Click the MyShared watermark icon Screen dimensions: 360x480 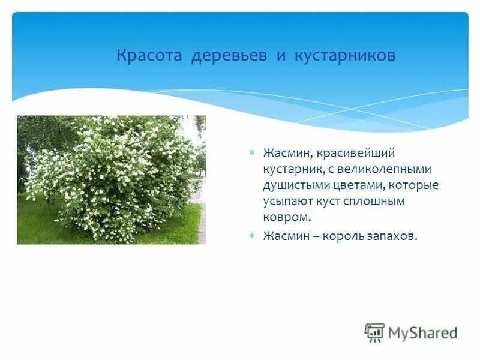[x=374, y=332]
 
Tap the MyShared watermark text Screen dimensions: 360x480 [x=423, y=332]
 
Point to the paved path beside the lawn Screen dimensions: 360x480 [x=202, y=222]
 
